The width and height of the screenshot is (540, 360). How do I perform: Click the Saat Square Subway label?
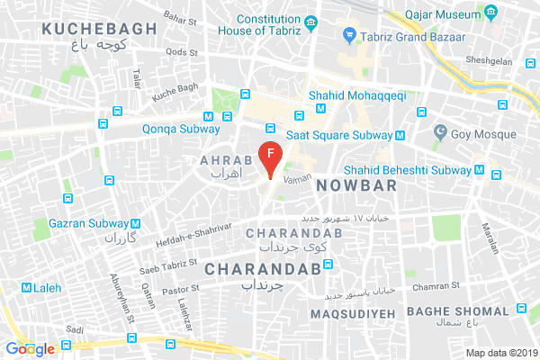click(x=339, y=135)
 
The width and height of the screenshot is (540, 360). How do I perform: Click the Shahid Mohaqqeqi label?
click(x=356, y=93)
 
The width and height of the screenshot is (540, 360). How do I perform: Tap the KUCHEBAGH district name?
click(x=99, y=29)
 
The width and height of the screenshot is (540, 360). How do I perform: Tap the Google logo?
click(x=29, y=348)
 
